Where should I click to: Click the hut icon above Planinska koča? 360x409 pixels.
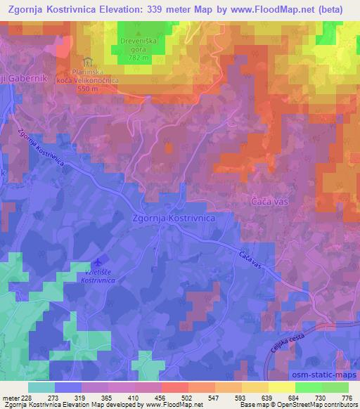tap(87, 61)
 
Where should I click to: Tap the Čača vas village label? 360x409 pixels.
tap(271, 201)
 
